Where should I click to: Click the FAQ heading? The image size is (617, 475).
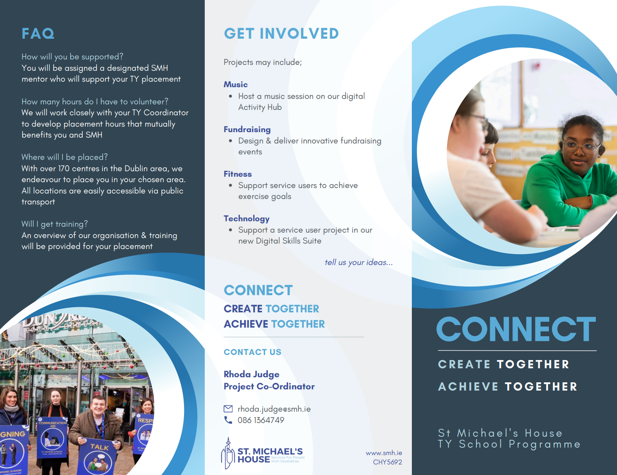38,34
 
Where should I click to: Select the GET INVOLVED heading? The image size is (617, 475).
281,34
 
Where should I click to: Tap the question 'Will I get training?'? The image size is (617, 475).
54,224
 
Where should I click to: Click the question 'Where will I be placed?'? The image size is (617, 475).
65,157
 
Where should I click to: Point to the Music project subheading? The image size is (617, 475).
235,84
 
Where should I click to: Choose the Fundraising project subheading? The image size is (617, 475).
247,129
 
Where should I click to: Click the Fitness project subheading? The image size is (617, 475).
238,174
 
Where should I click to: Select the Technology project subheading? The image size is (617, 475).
247,219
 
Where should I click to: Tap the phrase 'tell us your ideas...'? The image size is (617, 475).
359,262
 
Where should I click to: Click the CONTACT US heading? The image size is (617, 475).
253,352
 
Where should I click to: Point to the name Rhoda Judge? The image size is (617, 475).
251,375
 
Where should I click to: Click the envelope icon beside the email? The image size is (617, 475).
228,409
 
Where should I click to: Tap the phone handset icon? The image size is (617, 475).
228,420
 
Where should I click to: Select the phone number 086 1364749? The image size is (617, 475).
261,420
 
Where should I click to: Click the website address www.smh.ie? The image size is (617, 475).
384,453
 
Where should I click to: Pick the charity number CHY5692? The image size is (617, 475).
387,462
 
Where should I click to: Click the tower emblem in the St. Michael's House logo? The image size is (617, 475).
228,453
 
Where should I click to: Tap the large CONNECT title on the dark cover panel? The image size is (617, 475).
516,329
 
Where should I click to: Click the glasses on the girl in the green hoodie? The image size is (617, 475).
582,147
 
